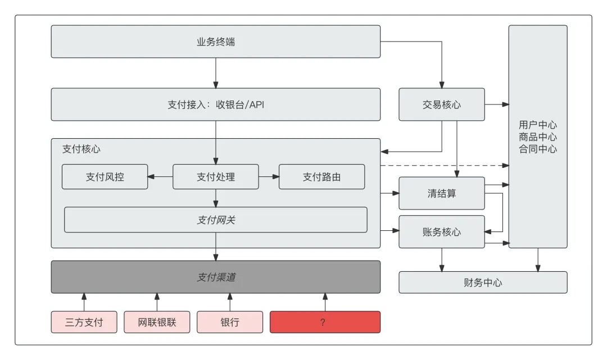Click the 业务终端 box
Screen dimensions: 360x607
click(x=215, y=42)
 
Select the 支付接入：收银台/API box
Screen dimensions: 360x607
click(x=215, y=104)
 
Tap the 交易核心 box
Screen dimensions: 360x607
click(x=442, y=104)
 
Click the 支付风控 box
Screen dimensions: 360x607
click(x=105, y=177)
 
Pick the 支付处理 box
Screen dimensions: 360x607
click(x=215, y=177)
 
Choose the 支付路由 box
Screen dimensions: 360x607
click(x=321, y=177)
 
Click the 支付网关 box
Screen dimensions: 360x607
click(x=215, y=220)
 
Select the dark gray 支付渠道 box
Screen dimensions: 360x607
click(x=215, y=277)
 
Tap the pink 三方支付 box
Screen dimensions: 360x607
click(x=84, y=322)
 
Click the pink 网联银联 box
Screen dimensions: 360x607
click(x=157, y=322)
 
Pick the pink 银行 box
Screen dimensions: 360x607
click(x=229, y=322)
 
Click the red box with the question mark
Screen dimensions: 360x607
click(x=325, y=322)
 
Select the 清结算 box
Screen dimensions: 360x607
click(x=442, y=193)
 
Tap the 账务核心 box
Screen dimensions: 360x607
click(x=442, y=231)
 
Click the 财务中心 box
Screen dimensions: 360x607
click(x=483, y=282)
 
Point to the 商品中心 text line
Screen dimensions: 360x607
click(x=538, y=137)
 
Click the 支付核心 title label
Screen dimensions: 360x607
click(x=81, y=149)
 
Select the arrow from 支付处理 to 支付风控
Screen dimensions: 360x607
click(x=160, y=177)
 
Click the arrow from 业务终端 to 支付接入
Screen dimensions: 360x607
click(x=215, y=73)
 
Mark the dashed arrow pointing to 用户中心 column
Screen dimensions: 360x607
click(x=444, y=166)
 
